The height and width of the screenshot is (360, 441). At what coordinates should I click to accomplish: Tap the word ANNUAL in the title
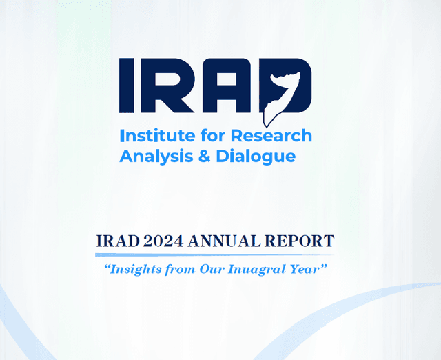(223, 241)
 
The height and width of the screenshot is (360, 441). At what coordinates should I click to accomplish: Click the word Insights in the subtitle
(129, 269)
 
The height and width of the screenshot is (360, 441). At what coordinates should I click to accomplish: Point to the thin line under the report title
(215, 255)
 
